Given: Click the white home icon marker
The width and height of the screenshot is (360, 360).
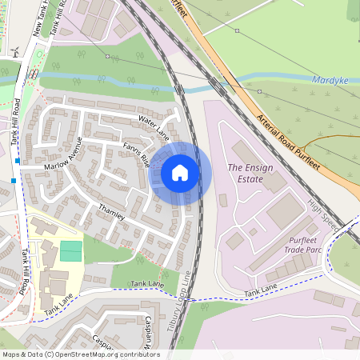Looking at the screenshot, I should (180, 172).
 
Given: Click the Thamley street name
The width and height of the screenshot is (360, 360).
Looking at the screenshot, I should (111, 212).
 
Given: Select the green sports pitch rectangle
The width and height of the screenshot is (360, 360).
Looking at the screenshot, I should (70, 250).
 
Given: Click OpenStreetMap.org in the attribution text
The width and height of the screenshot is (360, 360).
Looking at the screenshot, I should (108, 354).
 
